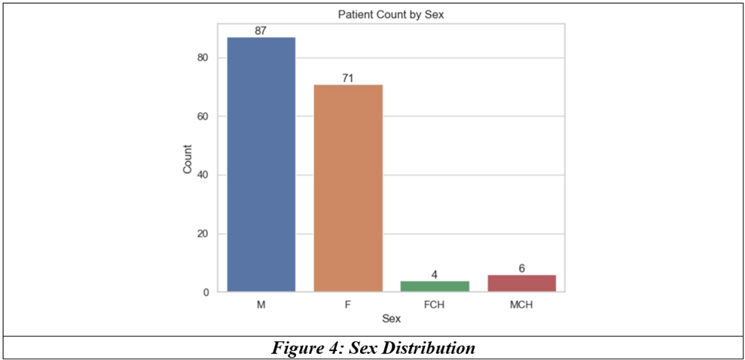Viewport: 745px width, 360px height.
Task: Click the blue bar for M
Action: click(261, 164)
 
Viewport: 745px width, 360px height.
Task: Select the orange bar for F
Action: click(348, 188)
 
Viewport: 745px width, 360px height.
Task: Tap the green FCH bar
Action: click(435, 286)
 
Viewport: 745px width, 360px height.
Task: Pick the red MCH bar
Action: click(522, 283)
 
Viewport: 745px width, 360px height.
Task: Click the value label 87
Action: click(261, 31)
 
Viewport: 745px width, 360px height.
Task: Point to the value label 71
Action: click(348, 78)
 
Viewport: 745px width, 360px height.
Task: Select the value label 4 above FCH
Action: click(435, 275)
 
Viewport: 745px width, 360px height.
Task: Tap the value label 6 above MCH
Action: click(522, 269)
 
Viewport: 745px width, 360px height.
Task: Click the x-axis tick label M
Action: click(261, 305)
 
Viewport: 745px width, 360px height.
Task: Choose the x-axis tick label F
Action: click(348, 305)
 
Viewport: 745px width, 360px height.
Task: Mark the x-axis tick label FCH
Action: click(435, 305)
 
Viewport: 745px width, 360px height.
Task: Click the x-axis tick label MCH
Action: click(522, 305)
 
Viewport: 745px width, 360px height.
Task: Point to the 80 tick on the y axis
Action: click(205, 58)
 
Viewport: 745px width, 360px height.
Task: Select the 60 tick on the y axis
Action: click(205, 116)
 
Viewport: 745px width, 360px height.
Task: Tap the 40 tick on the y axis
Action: click(205, 175)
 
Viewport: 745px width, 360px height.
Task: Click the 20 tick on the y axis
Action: click(205, 234)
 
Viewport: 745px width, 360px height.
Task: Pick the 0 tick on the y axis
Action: click(208, 292)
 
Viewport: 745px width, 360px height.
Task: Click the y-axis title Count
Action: click(188, 159)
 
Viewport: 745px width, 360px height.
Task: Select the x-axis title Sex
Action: click(392, 319)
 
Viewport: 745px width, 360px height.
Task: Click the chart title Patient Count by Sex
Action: click(391, 15)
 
